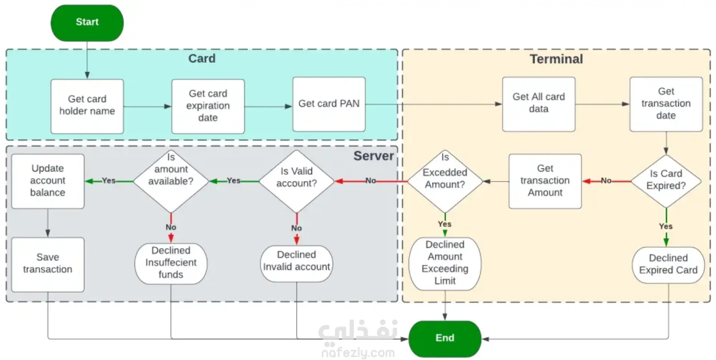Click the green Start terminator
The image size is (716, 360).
(87, 22)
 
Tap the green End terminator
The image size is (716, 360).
(445, 338)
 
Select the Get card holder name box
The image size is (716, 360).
(87, 106)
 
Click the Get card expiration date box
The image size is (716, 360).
(208, 106)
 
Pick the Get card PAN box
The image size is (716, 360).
(329, 104)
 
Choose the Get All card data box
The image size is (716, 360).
(538, 104)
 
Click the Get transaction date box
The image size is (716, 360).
(666, 104)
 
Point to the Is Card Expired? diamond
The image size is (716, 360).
(666, 181)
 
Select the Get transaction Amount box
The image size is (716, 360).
(545, 181)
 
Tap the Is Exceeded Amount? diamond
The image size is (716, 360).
(445, 181)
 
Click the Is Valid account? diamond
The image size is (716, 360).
(296, 181)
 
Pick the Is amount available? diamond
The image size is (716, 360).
(171, 181)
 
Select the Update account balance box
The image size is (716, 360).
(48, 181)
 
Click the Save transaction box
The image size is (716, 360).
(48, 264)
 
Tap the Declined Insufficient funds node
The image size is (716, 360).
(171, 263)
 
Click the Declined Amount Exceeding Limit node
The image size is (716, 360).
(445, 263)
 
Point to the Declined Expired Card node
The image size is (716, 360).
(668, 264)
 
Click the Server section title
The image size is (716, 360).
(373, 156)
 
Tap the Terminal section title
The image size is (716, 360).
(556, 59)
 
